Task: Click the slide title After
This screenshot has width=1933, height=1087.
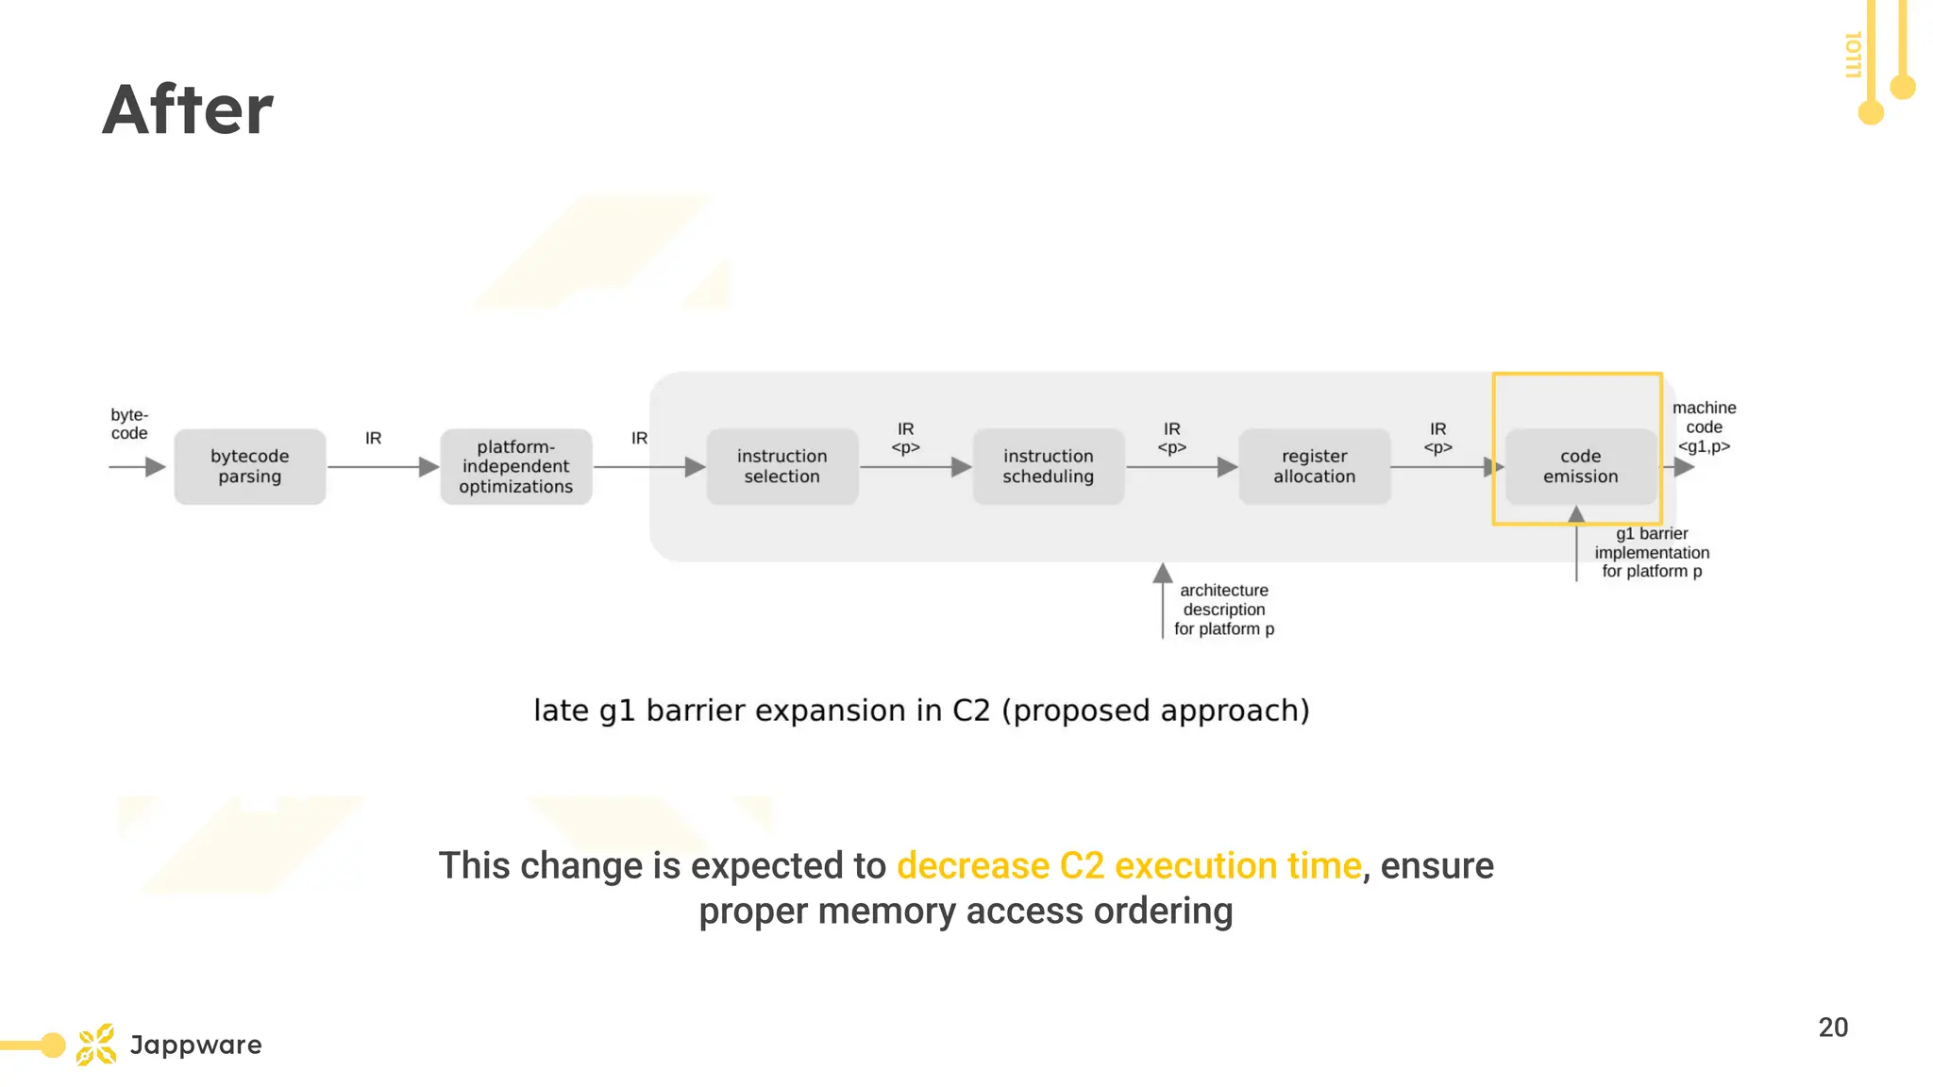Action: pos(187,109)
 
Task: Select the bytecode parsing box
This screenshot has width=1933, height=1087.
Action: pos(250,466)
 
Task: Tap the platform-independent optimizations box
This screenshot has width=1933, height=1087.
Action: pos(516,466)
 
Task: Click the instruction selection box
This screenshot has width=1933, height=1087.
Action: pos(782,466)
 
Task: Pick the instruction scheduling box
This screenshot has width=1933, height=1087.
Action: pos(1049,466)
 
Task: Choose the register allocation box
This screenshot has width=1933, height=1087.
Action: pos(1315,466)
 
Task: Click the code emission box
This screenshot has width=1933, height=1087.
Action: pos(1581,466)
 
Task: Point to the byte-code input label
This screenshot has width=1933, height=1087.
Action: pos(129,424)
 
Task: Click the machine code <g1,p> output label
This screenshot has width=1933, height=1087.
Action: pos(1704,426)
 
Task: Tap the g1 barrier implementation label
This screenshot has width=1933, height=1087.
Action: pos(1652,552)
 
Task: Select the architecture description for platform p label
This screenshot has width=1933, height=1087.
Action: pos(1224,610)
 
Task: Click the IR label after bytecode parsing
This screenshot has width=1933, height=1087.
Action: pos(374,438)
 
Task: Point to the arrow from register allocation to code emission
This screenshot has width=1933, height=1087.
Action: pos(1444,467)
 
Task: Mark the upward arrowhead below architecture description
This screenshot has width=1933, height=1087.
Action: pos(1163,573)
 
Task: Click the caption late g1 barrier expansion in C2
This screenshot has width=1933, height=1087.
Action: pos(921,710)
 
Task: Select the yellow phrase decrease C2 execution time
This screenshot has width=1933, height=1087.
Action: pos(1129,865)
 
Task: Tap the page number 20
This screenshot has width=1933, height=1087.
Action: pos(1833,1027)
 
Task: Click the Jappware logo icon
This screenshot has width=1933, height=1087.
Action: pos(96,1045)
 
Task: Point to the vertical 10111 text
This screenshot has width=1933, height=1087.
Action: pos(1853,55)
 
